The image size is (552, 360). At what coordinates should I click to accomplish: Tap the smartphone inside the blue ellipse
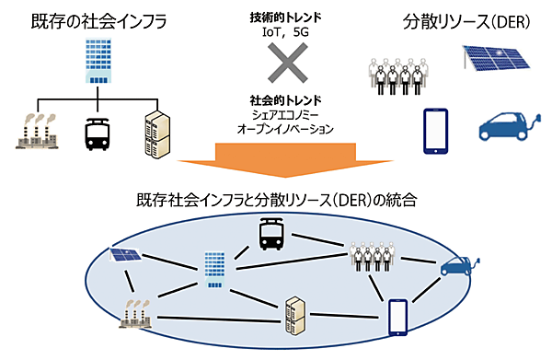397,315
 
